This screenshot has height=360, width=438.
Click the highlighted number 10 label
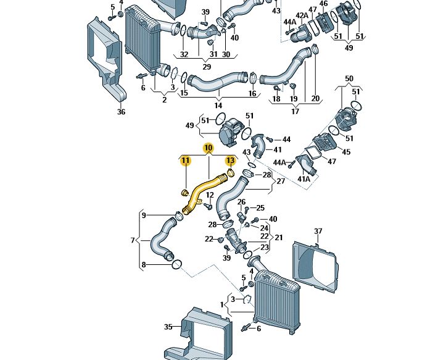pos(208,148)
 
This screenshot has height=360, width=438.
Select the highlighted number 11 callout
pos(185,161)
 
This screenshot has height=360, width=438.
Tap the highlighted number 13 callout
pos(230,161)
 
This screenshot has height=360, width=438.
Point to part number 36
pos(121,112)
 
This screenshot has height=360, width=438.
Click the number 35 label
pos(168,327)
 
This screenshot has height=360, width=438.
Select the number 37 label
pos(318,232)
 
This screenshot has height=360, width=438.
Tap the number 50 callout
pos(349,78)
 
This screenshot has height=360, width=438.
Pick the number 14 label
pos(218,106)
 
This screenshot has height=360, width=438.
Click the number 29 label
pos(207,67)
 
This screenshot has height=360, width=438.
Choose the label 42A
pos(301,15)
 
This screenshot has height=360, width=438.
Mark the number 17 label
pos(295,111)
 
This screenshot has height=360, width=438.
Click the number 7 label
pos(132,240)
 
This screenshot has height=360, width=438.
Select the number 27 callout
pos(281,182)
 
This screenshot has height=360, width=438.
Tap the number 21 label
pos(279,237)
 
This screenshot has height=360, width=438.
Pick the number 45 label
pos(346,152)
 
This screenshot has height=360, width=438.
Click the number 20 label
pos(315,99)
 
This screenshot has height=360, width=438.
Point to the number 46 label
pos(323,4)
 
